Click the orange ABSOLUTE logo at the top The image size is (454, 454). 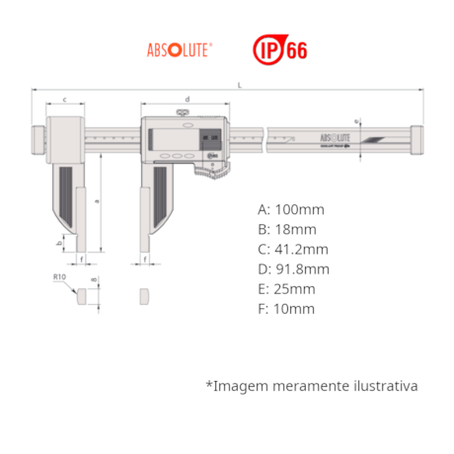click(x=179, y=47)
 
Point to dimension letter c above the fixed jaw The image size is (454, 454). click(x=64, y=100)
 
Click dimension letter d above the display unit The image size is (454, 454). click(x=187, y=100)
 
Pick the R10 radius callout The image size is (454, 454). click(x=60, y=279)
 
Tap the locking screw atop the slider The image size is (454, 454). click(x=187, y=115)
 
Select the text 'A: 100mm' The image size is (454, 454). click(x=290, y=210)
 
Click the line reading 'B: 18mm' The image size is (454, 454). click(x=286, y=230)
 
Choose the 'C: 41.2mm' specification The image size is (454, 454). click(x=293, y=250)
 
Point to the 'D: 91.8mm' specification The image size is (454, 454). click(x=293, y=269)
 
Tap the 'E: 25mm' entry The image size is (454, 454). click(x=286, y=289)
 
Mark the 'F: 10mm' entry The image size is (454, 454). click(x=286, y=309)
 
